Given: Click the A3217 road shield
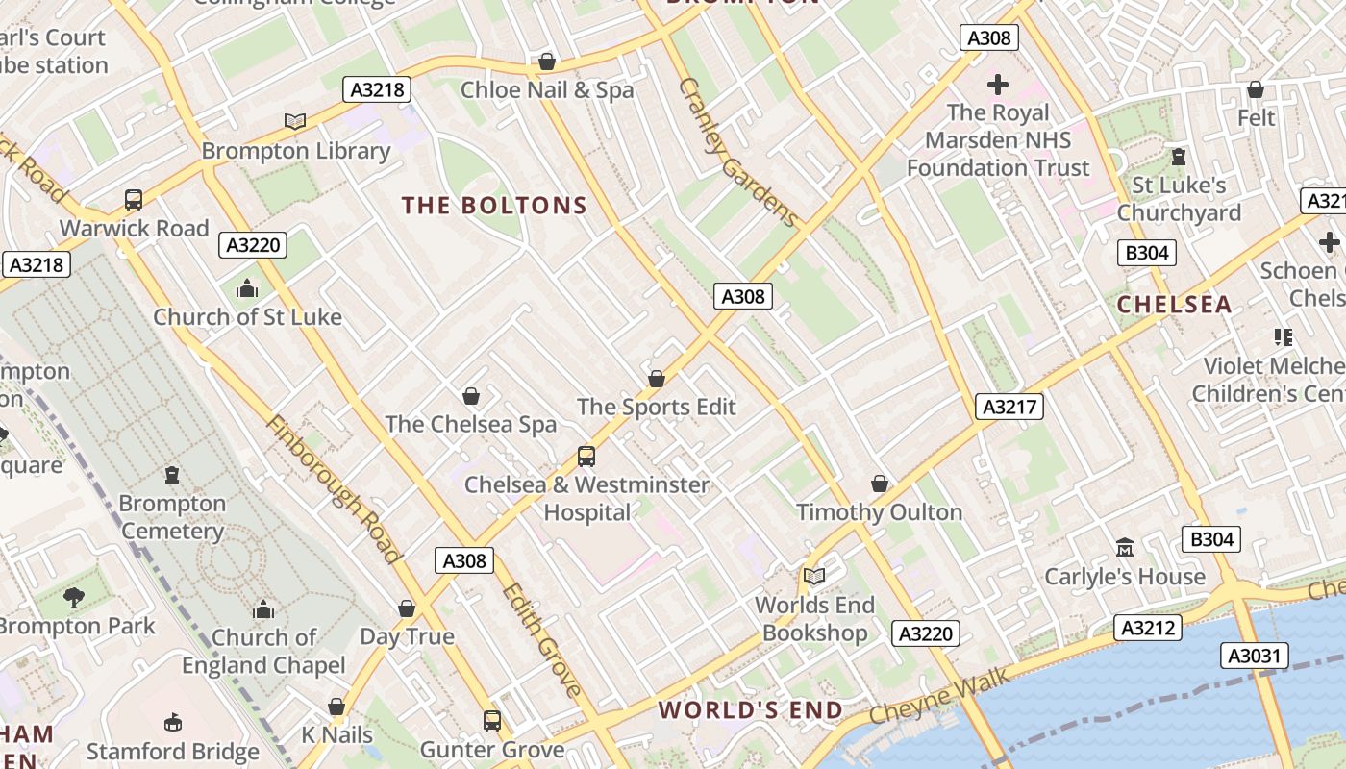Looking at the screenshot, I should click(1009, 407).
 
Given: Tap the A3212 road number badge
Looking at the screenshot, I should click(1148, 628).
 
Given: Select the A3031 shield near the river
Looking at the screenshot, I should click(1254, 656).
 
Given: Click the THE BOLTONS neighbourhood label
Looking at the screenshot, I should click(494, 206).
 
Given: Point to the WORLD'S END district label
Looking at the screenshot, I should click(751, 710).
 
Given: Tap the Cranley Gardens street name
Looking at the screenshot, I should click(738, 152).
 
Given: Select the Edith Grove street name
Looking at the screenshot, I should click(541, 640).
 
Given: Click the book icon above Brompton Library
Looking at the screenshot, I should click(295, 121).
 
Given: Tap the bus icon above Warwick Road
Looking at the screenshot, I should click(134, 200).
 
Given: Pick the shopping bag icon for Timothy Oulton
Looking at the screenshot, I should click(879, 484).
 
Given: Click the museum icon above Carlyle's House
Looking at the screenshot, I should click(1124, 548).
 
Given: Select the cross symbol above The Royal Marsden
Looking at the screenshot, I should click(998, 84).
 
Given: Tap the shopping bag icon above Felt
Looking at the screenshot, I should click(1255, 89).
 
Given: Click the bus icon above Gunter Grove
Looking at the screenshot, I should click(491, 720).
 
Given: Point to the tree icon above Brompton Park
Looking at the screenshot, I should click(74, 598).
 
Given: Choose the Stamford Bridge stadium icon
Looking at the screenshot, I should click(173, 722).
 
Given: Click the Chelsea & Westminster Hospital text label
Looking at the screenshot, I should click(586, 498).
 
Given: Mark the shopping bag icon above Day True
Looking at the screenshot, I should click(407, 608).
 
